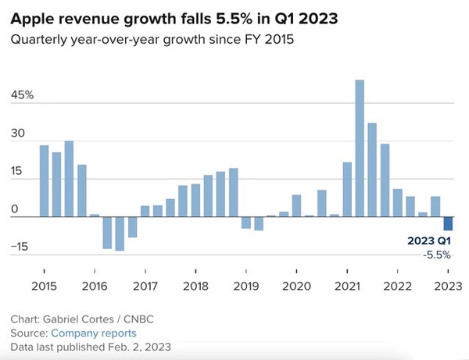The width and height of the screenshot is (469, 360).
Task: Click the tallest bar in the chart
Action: pos(360,148)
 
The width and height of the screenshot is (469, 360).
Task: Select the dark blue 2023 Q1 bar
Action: pos(448,223)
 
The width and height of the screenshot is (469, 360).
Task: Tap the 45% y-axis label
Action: pos(22,95)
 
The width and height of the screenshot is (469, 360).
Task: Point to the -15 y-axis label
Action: pos(20,247)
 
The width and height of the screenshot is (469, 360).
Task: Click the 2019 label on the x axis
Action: pos(246,287)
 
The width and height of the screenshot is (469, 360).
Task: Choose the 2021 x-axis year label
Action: pos(347,287)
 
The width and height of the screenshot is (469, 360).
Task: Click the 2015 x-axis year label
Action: pos(44,287)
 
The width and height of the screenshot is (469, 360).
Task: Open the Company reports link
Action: pos(94,333)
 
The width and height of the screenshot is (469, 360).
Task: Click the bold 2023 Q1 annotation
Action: pos(429,241)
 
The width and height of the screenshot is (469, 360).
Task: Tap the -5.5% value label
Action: pos(437,255)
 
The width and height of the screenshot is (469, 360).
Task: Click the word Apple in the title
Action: pos(32,20)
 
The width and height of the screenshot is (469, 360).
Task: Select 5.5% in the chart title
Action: pos(234,19)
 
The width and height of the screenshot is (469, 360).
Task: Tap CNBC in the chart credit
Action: pos(138,319)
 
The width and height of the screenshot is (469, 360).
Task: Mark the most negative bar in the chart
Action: pos(120,233)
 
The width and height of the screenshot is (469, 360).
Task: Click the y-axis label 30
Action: pos(18,133)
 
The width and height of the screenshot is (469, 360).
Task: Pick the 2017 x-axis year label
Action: pos(145,287)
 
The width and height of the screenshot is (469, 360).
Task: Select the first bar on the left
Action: pos(44,181)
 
